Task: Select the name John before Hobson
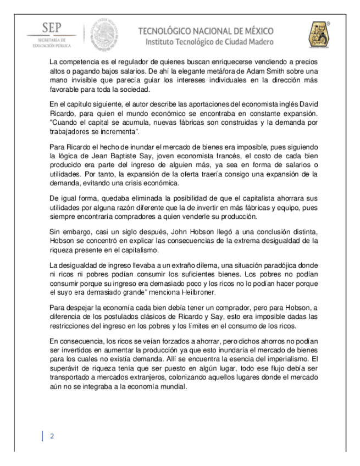[x=182, y=232]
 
